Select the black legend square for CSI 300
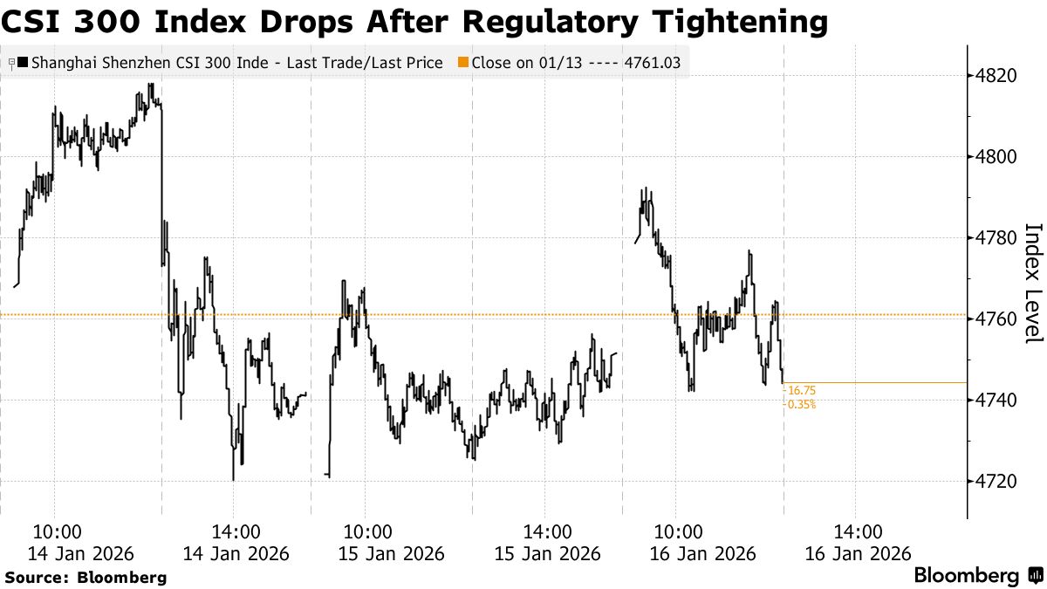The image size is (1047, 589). [22, 63]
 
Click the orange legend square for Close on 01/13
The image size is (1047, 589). [462, 63]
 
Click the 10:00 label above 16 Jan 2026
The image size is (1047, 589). [678, 532]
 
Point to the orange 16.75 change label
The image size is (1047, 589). [801, 392]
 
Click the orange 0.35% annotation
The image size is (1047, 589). [802, 405]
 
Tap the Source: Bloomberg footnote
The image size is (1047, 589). [86, 578]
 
